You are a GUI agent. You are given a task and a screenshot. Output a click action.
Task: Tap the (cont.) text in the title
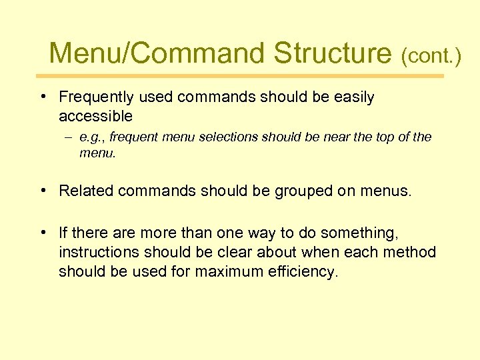pyautogui.click(x=431, y=56)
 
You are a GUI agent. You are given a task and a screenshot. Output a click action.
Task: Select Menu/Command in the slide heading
pyautogui.click(x=157, y=53)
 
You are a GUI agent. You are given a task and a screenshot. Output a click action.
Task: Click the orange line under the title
pyautogui.click(x=240, y=76)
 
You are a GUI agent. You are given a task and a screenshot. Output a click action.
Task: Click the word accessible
pyautogui.click(x=95, y=117)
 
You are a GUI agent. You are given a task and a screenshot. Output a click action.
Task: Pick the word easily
pyautogui.click(x=353, y=97)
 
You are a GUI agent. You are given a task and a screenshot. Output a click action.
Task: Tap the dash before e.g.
pyautogui.click(x=68, y=138)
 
